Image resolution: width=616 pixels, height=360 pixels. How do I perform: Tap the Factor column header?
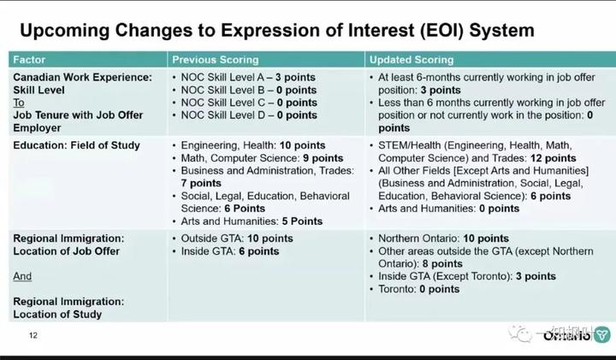[30, 60]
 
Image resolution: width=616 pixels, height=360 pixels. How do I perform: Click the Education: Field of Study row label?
[76, 145]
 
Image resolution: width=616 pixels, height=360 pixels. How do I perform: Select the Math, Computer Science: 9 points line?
[262, 158]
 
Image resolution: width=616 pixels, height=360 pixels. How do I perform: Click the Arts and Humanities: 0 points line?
[449, 209]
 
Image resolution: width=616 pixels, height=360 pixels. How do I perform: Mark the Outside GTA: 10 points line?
[237, 239]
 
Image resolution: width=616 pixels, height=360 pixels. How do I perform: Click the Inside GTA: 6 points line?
[230, 251]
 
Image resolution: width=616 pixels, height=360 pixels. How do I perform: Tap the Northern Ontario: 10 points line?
[443, 239]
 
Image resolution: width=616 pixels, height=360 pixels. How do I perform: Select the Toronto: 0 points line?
[419, 289]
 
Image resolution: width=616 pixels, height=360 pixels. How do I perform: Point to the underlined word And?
[23, 277]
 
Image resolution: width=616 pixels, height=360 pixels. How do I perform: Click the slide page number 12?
[33, 334]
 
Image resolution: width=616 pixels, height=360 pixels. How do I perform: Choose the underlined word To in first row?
[19, 102]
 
